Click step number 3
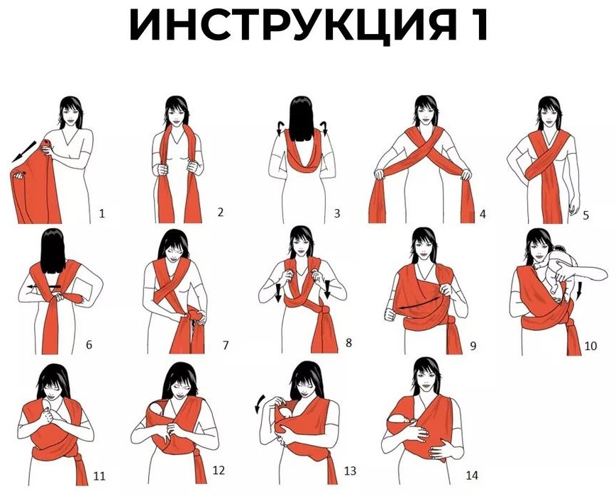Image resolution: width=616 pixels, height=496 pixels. point(336,214)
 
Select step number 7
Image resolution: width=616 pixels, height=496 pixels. point(226,346)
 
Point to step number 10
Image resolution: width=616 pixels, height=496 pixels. point(590,346)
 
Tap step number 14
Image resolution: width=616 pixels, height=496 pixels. point(472,475)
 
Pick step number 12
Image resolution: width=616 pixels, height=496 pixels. point(219,470)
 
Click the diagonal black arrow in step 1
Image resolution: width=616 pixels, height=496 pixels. point(23,152)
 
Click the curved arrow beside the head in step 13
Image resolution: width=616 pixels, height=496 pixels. point(259,404)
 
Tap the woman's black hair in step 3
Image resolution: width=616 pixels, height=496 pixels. point(301,119)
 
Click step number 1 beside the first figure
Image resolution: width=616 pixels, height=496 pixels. point(102,214)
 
